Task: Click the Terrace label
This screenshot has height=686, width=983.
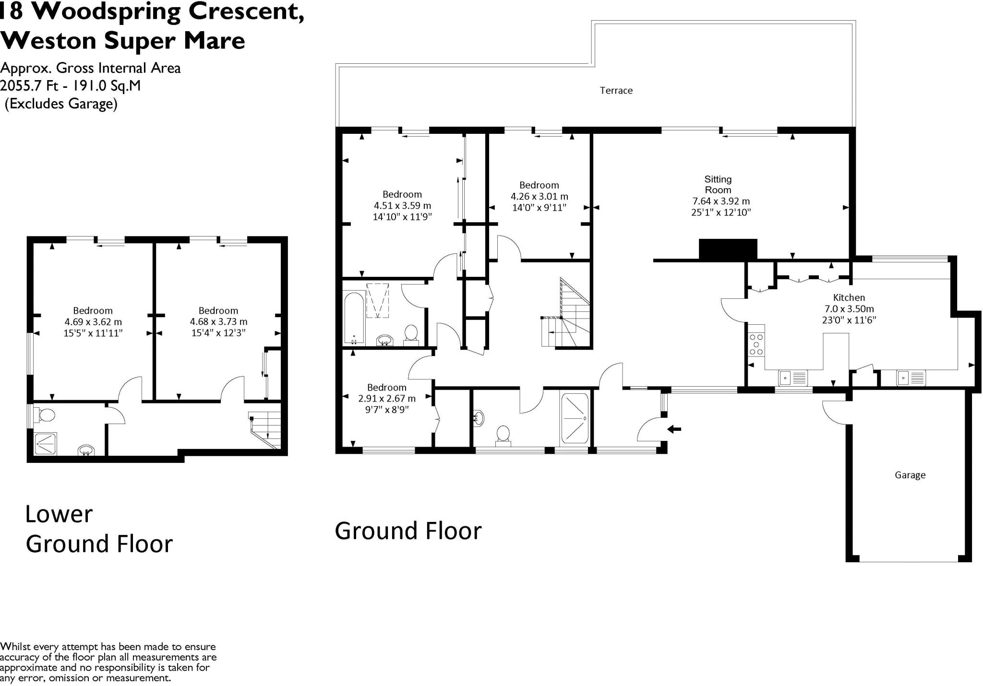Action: click(x=616, y=90)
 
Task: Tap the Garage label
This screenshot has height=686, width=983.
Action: click(x=910, y=475)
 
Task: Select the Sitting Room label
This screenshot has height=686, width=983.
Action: click(x=718, y=184)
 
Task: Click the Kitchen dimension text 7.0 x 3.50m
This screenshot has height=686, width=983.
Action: click(x=849, y=308)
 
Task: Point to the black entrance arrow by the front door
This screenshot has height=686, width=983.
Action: click(x=674, y=429)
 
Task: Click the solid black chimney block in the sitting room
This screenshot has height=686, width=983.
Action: click(x=728, y=249)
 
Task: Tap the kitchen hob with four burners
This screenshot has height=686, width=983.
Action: click(x=756, y=340)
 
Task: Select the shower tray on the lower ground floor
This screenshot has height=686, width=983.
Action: click(x=46, y=444)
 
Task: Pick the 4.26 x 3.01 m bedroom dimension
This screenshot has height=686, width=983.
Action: click(x=539, y=196)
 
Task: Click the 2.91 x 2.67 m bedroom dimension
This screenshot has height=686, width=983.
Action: click(x=387, y=398)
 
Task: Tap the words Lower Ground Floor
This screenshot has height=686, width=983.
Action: click(x=99, y=529)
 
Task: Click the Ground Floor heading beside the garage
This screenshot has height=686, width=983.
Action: click(x=408, y=531)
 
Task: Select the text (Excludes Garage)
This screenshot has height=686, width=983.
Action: click(x=61, y=104)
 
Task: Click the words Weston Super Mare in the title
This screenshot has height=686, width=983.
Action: click(x=123, y=40)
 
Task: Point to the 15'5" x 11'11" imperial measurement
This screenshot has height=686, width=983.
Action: click(x=93, y=332)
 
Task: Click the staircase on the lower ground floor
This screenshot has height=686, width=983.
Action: click(x=264, y=430)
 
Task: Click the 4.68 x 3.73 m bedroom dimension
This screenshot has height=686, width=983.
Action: click(x=218, y=321)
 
